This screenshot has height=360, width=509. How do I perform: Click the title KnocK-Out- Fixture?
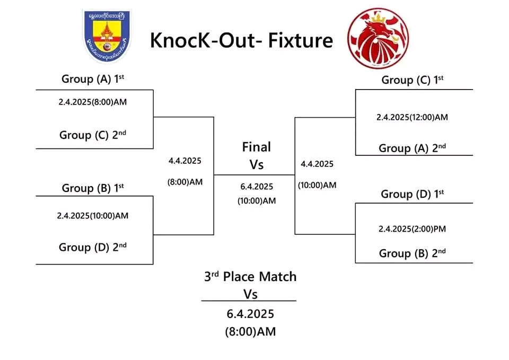click(x=241, y=40)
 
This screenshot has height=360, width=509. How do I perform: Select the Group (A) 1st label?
click(x=93, y=79)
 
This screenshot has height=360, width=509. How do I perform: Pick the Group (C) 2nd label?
click(x=93, y=135)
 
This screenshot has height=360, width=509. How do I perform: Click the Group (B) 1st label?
click(x=93, y=188)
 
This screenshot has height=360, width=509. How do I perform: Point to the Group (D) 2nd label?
click(x=93, y=247)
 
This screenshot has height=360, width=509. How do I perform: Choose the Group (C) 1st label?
click(x=413, y=80)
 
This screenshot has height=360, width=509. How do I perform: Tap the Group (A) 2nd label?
click(x=412, y=148)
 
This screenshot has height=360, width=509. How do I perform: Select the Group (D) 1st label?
click(x=413, y=194)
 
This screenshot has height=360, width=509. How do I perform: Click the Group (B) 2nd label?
click(x=412, y=253)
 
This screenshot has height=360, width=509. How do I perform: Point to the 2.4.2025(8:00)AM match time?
click(x=93, y=102)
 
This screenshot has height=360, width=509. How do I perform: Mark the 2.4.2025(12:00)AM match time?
click(x=412, y=117)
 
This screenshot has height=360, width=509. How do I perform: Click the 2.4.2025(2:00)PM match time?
click(x=412, y=229)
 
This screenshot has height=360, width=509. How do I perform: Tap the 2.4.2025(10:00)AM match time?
click(x=93, y=216)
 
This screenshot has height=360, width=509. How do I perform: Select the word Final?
click(x=257, y=147)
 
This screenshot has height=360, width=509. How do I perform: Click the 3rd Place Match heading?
click(x=250, y=277)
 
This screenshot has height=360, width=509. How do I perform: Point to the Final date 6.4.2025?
click(x=257, y=186)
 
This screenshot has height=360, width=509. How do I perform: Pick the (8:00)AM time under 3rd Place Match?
click(x=250, y=332)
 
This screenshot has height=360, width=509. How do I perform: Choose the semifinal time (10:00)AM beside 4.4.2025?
click(x=317, y=185)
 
